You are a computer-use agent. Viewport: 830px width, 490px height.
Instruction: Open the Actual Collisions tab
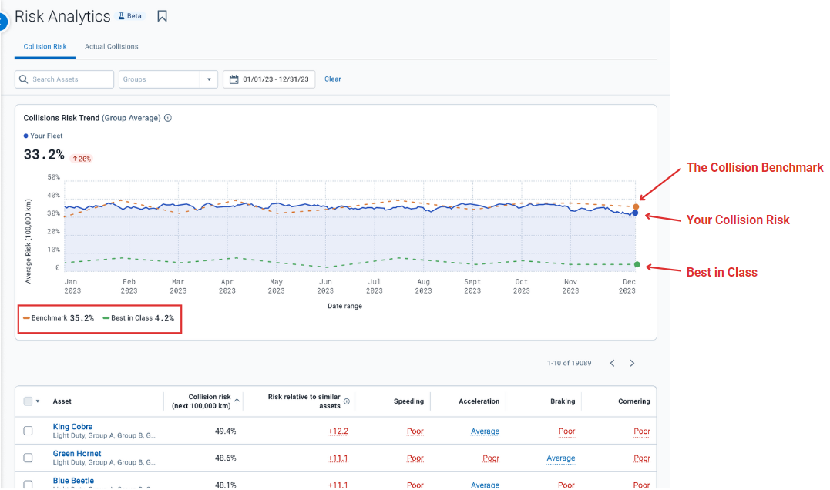(x=112, y=47)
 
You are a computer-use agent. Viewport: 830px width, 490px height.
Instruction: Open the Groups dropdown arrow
(x=209, y=79)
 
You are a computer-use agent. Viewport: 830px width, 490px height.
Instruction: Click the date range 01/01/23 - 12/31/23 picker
(x=269, y=79)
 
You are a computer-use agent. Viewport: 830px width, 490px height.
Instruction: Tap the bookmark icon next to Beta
(x=162, y=16)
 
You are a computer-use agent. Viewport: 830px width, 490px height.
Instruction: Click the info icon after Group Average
(x=168, y=119)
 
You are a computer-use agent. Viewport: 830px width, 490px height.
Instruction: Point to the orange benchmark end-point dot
(x=636, y=206)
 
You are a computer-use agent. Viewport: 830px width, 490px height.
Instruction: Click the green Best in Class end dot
(x=637, y=265)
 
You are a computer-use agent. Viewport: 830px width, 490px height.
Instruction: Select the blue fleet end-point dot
(x=635, y=213)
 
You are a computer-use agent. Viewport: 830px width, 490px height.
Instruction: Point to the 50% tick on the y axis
(x=53, y=177)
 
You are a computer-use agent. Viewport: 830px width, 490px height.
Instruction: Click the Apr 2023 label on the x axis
(x=227, y=287)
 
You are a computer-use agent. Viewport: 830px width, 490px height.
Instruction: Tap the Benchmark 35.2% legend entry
(x=59, y=318)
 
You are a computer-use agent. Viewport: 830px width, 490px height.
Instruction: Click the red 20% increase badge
(x=81, y=159)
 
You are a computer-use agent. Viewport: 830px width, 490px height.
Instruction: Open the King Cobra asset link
(x=72, y=427)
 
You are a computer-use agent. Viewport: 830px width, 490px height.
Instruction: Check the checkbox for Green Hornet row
(x=29, y=458)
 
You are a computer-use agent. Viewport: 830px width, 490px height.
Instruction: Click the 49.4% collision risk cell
(x=225, y=431)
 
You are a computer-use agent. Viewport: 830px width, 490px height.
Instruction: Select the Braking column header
(x=563, y=401)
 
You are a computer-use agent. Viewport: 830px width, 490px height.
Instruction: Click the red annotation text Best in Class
(x=721, y=273)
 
